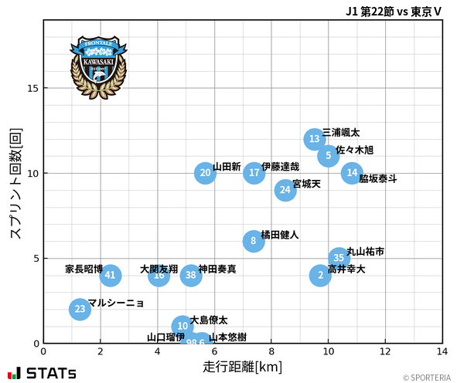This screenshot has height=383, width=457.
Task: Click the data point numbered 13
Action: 314,139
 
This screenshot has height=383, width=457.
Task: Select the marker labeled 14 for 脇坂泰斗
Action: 352,173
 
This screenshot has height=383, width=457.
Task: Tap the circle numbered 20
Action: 205,173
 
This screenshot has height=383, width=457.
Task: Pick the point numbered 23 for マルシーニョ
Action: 80,309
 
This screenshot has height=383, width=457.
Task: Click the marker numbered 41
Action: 110,275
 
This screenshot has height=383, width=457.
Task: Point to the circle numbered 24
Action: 285,189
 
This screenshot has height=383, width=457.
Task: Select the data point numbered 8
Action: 254,241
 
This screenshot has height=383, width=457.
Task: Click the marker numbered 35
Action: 339,258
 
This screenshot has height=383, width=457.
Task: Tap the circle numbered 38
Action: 191,275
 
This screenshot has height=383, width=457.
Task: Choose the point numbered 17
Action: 254,173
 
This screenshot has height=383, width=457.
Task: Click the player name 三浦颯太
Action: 341,133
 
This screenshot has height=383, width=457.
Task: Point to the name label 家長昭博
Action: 84,269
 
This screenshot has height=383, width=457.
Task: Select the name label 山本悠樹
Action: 228,337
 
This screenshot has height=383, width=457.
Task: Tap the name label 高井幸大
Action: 346,269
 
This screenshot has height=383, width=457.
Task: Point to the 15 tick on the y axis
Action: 32,88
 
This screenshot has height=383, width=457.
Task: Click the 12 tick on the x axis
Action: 385,351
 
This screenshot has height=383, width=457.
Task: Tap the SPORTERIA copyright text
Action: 425,378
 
